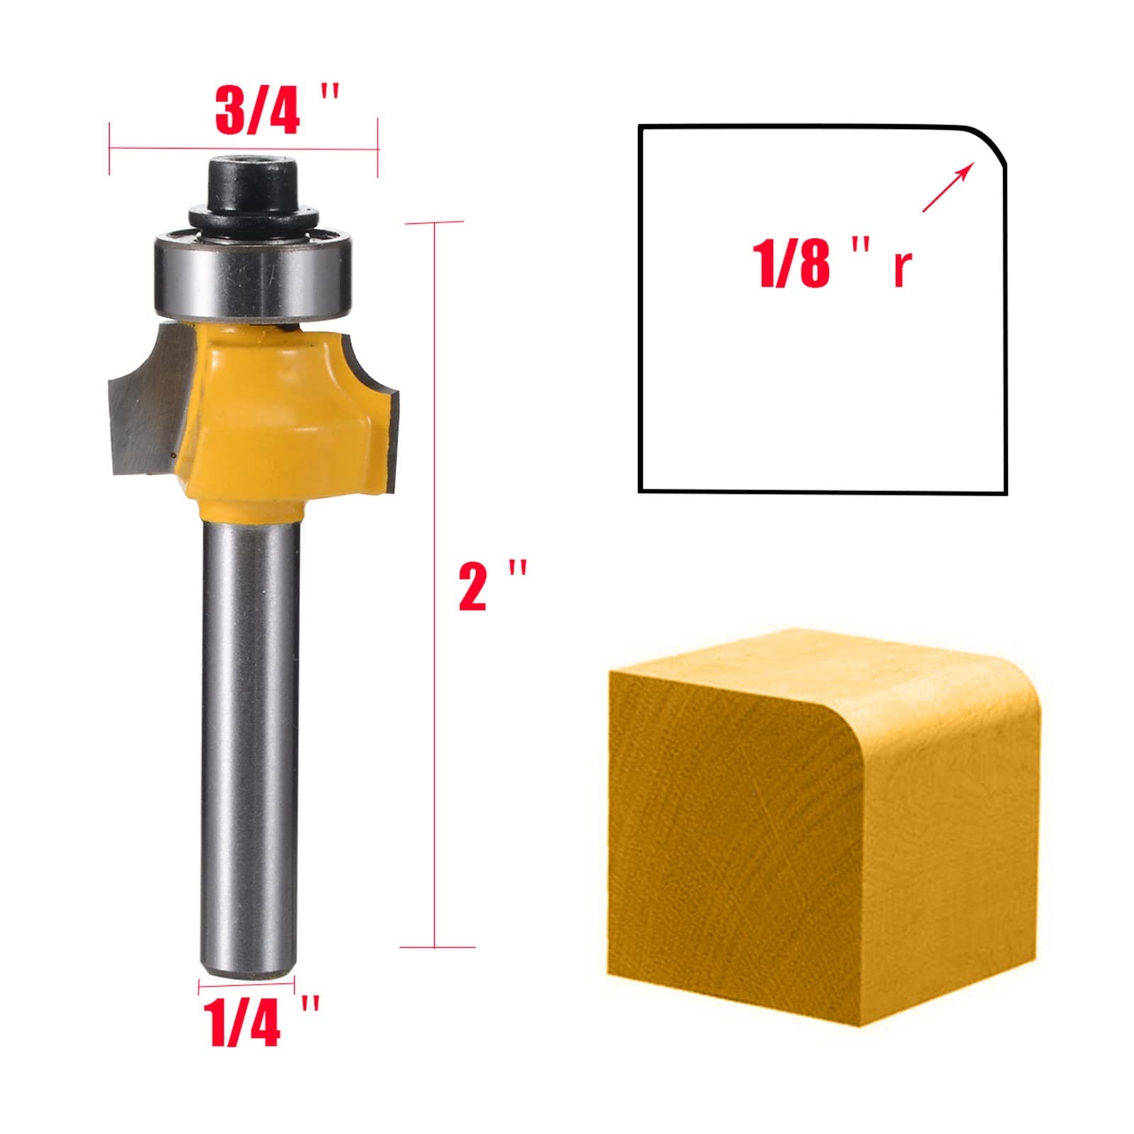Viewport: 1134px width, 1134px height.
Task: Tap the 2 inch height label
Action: (492, 586)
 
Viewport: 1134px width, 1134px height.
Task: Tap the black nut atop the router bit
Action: (251, 188)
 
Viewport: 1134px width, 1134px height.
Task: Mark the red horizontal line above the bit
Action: (243, 149)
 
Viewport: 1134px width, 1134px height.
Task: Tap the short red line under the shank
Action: (246, 982)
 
